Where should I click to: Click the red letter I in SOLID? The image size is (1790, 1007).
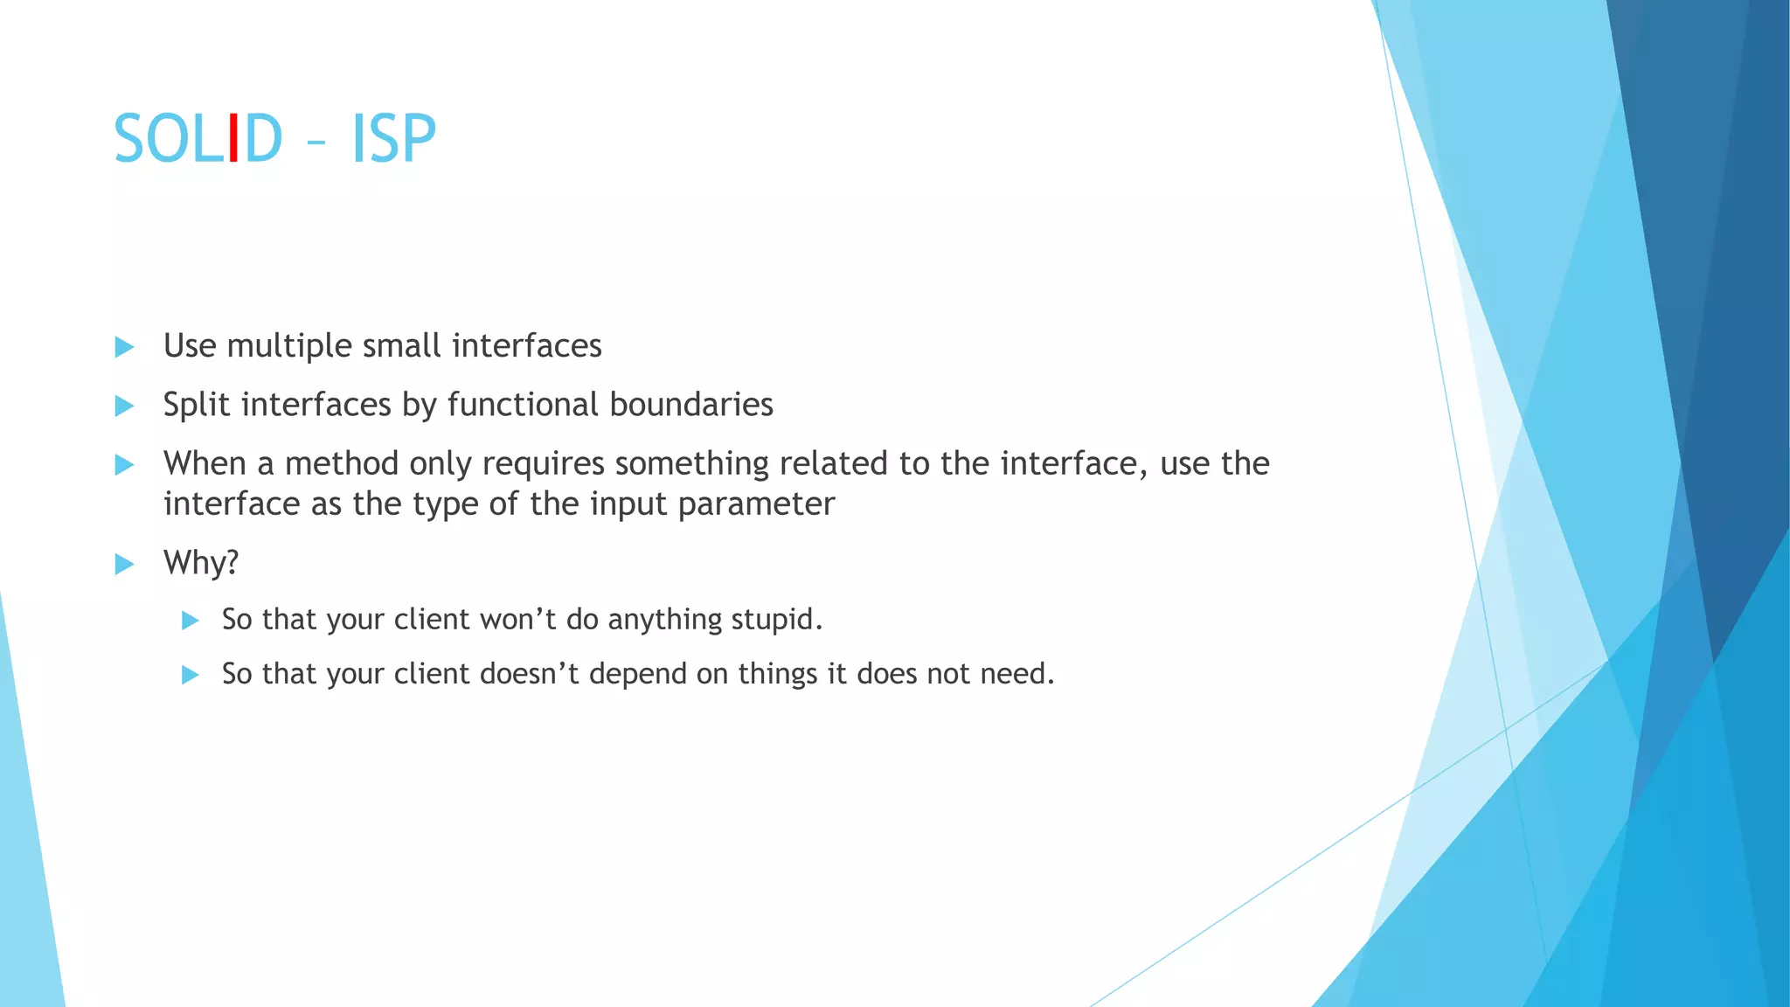click(x=232, y=138)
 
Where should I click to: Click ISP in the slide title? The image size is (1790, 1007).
click(x=393, y=138)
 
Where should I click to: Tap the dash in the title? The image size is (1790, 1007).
click(x=316, y=141)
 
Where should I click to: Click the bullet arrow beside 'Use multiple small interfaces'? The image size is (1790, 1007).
click(x=124, y=347)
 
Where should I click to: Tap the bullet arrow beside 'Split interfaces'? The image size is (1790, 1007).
click(x=124, y=406)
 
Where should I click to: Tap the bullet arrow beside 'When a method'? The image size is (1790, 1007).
click(x=124, y=464)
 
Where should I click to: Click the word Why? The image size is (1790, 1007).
click(x=201, y=562)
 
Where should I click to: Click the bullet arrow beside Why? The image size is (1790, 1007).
click(x=124, y=564)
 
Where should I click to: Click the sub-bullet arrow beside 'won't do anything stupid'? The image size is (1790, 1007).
click(x=190, y=621)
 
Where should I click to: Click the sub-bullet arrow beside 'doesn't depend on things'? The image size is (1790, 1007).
click(x=190, y=675)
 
